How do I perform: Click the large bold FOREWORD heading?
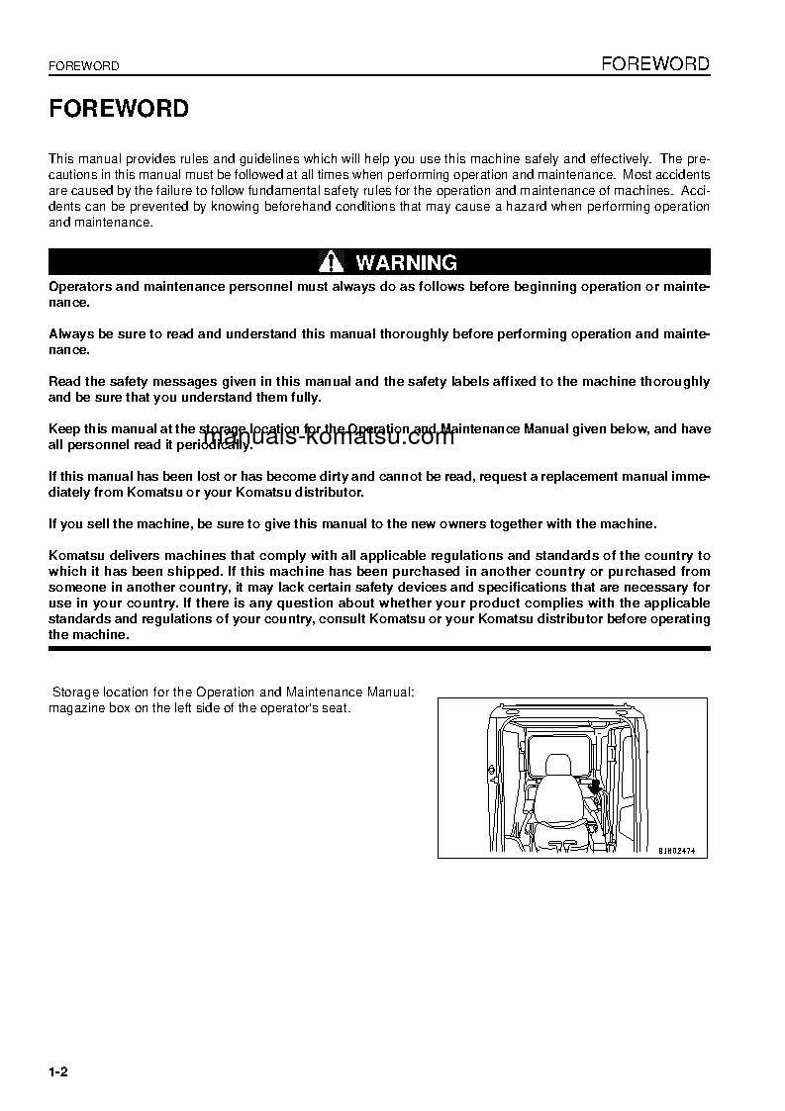[119, 109]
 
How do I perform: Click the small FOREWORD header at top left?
[84, 66]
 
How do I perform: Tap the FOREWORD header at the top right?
[655, 64]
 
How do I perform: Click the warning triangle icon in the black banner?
[331, 262]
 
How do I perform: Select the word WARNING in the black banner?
[406, 262]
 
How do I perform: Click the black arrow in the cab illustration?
[594, 787]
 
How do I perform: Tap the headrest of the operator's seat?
[557, 766]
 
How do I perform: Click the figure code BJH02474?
[682, 850]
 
